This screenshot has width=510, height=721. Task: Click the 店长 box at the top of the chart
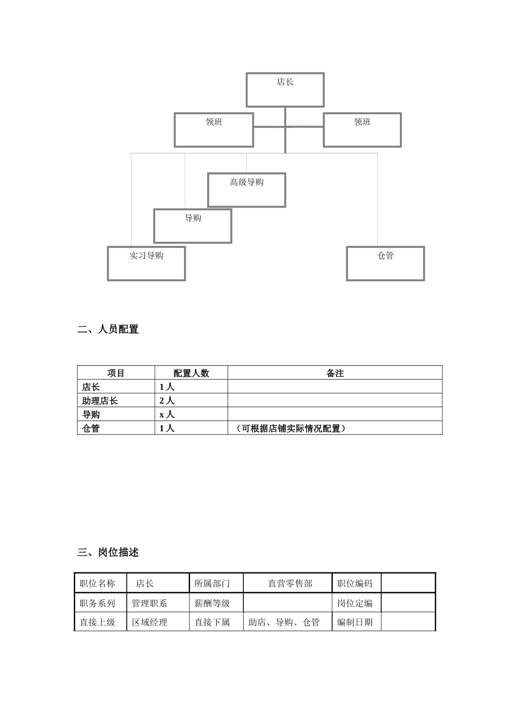285,90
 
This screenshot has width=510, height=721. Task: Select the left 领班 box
214,129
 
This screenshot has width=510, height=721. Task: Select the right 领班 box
362,129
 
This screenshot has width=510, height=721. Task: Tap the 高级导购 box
246,189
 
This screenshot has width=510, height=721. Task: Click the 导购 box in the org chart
193,226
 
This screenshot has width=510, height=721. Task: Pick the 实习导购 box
146,263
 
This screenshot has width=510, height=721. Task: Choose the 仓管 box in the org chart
385,263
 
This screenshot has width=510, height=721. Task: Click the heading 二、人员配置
108,329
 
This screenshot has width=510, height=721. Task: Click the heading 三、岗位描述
108,552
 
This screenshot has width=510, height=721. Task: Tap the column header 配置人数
191,373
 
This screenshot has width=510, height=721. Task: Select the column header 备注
335,373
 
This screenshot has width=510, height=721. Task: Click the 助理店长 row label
100,401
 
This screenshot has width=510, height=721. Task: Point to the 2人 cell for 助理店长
167,401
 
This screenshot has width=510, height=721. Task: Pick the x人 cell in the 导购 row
167,415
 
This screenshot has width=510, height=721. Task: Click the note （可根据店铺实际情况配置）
290,429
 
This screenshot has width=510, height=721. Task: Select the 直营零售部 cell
290,583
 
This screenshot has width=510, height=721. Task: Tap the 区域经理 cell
150,622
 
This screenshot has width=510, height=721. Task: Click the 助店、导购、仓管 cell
284,622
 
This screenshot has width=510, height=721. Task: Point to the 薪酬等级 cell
212,603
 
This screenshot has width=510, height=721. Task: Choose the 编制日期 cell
355,622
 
